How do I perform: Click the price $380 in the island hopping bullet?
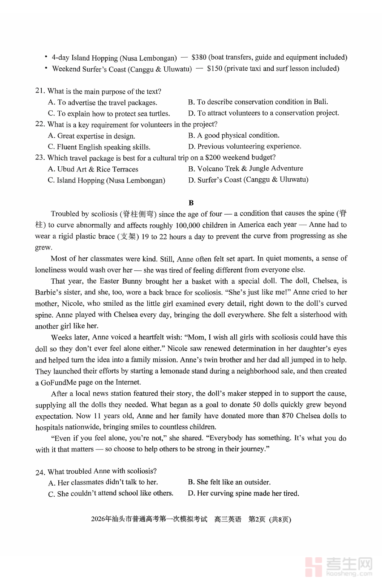[x=199, y=57]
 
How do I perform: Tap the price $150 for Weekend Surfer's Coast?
[x=214, y=69]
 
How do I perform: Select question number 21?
[x=40, y=91]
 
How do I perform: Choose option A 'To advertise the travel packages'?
[x=103, y=102]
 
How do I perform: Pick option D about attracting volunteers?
[x=263, y=113]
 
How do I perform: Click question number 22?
[x=40, y=124]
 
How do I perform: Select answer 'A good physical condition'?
[x=234, y=136]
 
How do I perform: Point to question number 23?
[x=40, y=158]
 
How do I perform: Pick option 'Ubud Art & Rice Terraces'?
[x=93, y=169]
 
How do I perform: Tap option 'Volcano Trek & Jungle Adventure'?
[x=246, y=168]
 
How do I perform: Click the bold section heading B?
[x=191, y=203]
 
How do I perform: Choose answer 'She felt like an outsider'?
[x=229, y=482]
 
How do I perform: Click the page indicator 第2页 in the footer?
[x=257, y=519]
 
